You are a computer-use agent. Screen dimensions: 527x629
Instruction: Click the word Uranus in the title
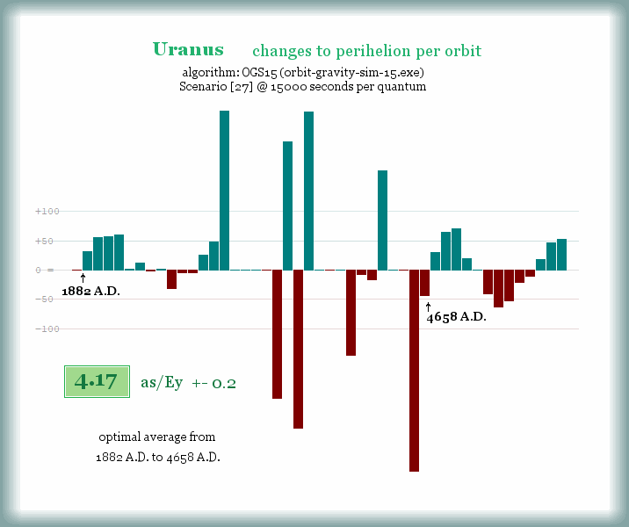pyautogui.click(x=188, y=50)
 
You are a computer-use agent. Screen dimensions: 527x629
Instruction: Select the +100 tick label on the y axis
pyautogui.click(x=47, y=212)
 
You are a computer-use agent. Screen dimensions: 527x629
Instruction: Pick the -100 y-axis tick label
pyautogui.click(x=47, y=328)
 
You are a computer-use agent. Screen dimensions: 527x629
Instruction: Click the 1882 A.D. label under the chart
pyautogui.click(x=90, y=291)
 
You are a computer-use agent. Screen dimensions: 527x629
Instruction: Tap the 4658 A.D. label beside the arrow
pyautogui.click(x=457, y=317)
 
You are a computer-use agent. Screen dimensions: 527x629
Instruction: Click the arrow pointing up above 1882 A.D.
pyautogui.click(x=83, y=278)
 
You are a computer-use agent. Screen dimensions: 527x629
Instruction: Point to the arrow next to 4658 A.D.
pyautogui.click(x=428, y=306)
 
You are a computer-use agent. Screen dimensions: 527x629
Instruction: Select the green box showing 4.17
pyautogui.click(x=97, y=382)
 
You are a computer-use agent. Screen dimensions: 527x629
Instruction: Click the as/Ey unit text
pyautogui.click(x=161, y=383)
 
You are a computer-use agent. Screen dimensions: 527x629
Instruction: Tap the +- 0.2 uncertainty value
pyautogui.click(x=213, y=383)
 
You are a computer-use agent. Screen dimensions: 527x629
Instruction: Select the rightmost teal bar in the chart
pyautogui.click(x=561, y=254)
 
